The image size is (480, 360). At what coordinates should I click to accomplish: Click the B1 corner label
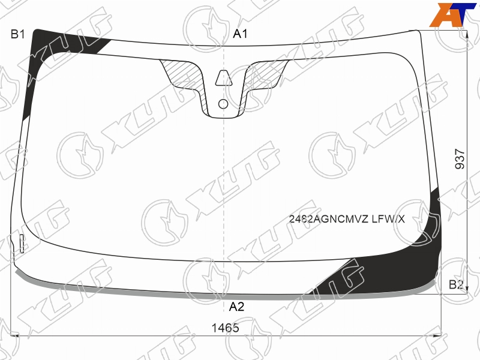[17, 34]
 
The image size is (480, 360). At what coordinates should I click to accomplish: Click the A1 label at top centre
[241, 34]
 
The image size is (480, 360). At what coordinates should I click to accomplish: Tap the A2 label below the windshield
[236, 307]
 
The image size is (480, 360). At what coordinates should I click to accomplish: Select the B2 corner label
[456, 284]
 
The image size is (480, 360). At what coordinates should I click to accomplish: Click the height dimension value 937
[460, 159]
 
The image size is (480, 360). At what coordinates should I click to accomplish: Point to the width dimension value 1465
[226, 328]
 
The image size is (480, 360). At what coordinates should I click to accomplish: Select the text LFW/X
[388, 219]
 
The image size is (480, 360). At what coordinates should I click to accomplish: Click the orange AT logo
[452, 14]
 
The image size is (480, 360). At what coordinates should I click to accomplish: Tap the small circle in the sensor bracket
[223, 104]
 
